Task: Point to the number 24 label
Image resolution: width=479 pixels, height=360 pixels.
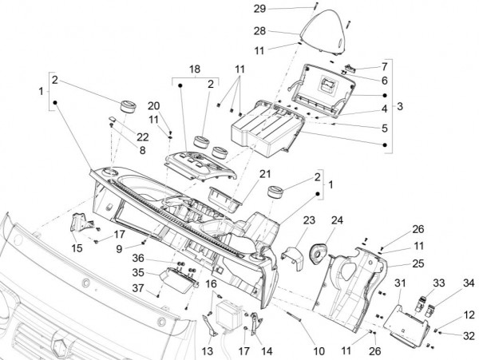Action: [337, 220]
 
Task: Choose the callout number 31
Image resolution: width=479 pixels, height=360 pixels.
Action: [401, 284]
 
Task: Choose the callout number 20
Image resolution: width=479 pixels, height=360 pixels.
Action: [154, 106]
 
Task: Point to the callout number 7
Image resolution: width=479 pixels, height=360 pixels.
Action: [384, 66]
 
